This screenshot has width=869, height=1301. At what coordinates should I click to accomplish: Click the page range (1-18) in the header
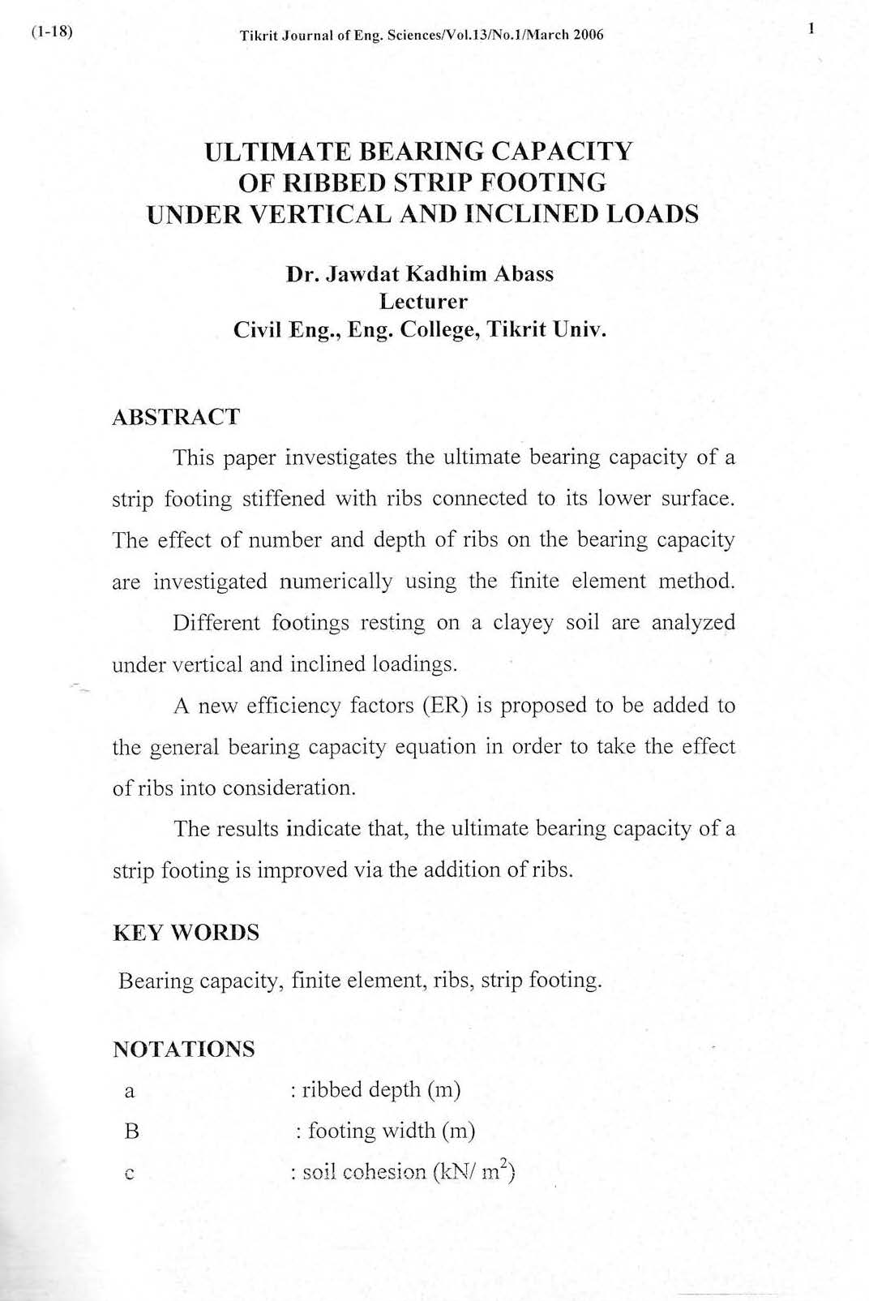51,33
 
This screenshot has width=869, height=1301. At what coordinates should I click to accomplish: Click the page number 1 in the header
810,30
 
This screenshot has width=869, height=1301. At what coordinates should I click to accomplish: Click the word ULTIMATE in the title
277,152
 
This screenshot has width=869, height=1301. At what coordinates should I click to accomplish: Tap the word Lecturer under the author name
423,302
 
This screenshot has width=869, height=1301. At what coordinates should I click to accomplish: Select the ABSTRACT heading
175,417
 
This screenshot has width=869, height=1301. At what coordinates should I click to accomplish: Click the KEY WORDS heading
186,933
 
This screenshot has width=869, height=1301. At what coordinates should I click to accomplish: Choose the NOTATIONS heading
183,1049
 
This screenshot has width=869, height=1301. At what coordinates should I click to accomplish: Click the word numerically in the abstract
336,582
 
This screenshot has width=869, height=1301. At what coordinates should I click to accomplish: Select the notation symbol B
131,1131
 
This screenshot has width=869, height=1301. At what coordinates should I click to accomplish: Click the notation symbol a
129,1091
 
